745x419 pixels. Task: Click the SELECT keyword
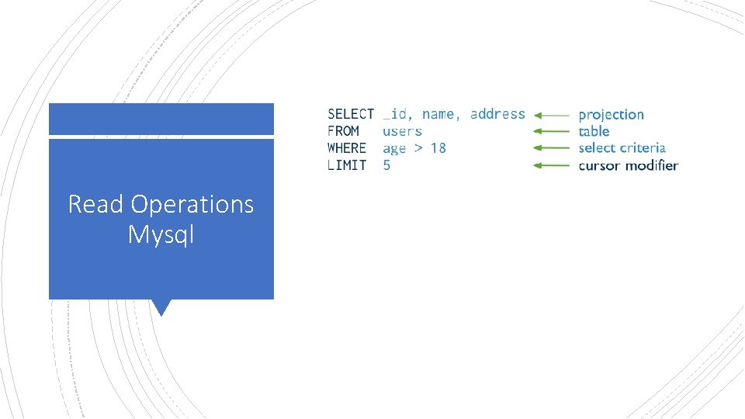(x=350, y=114)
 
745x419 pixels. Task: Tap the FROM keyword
(x=343, y=131)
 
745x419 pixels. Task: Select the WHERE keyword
(x=346, y=147)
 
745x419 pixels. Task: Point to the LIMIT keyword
(x=346, y=164)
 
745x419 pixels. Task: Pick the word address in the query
(x=497, y=114)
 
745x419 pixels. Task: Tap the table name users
(x=402, y=131)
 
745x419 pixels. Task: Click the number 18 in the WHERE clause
(x=438, y=147)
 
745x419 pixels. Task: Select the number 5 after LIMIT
(x=387, y=164)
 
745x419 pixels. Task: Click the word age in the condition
(x=394, y=148)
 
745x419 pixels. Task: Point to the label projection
(x=611, y=115)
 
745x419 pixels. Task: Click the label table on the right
(x=594, y=131)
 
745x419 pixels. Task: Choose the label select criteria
(x=622, y=147)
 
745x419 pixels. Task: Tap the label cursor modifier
(x=628, y=164)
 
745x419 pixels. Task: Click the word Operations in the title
(x=192, y=204)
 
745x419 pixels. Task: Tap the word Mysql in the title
(x=161, y=234)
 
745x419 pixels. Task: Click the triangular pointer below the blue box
(x=161, y=307)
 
